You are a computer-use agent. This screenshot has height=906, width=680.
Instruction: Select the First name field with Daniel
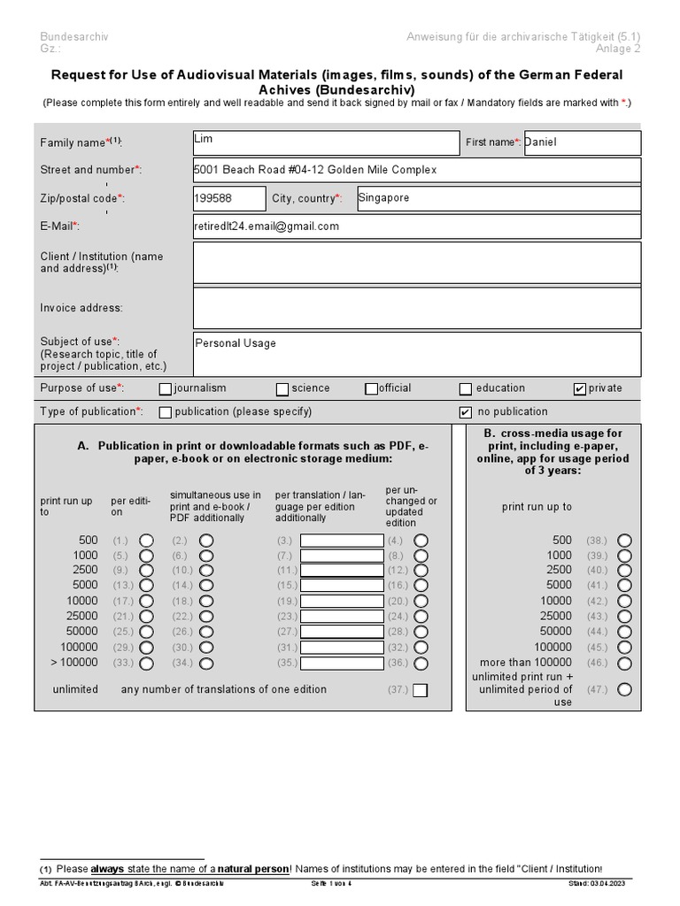(581, 142)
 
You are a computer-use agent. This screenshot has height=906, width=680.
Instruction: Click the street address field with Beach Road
(416, 170)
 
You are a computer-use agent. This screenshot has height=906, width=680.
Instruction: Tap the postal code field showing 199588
(228, 199)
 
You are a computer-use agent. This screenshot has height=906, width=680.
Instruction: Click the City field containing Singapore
(498, 199)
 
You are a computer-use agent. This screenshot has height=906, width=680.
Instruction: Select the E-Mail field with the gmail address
(416, 226)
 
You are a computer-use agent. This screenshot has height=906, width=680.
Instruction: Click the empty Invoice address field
(416, 308)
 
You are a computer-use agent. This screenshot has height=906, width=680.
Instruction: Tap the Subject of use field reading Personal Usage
(416, 354)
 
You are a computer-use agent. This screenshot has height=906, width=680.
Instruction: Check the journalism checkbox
(166, 388)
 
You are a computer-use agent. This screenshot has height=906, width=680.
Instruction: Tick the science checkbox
(282, 388)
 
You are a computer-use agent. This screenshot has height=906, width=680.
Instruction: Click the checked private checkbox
(580, 388)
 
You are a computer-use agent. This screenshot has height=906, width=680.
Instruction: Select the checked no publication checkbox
(466, 412)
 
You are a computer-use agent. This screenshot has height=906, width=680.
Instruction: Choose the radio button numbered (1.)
(146, 541)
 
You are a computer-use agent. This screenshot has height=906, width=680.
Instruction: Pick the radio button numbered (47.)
(625, 690)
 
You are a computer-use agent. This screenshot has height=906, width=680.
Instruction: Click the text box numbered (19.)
(341, 601)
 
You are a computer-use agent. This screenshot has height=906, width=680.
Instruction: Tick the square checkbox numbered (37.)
(420, 690)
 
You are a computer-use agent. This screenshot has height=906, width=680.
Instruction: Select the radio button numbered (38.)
(625, 541)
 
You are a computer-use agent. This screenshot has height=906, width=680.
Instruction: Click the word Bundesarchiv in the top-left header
(73, 36)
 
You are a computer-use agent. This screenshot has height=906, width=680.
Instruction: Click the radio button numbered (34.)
(206, 663)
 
